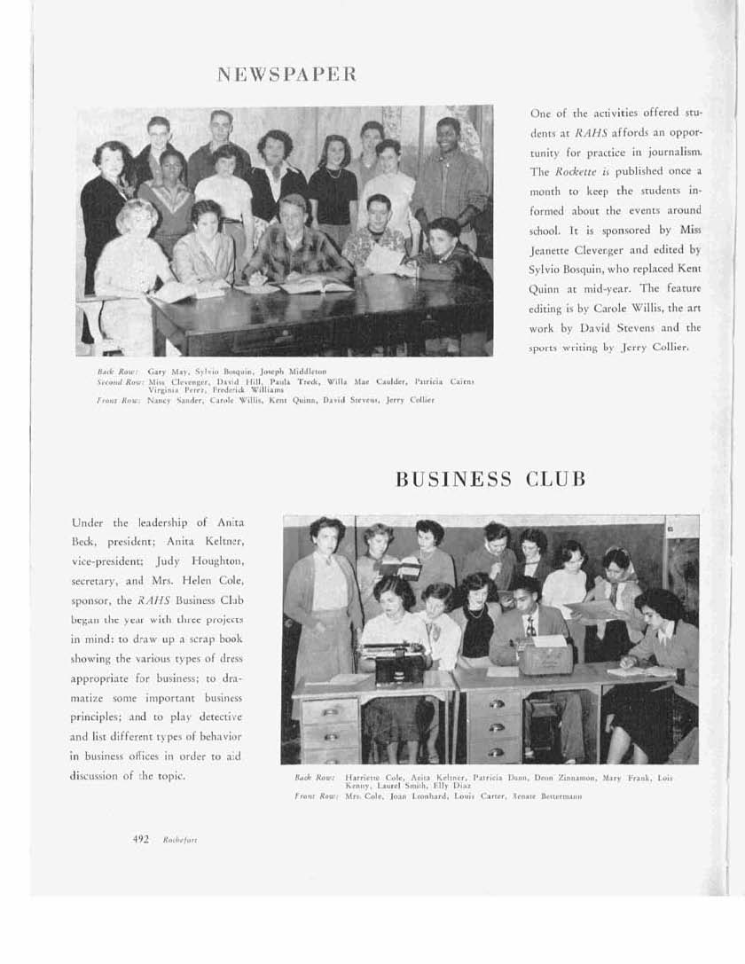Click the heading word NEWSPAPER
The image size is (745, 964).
click(x=286, y=74)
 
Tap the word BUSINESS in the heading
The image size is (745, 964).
click(x=453, y=480)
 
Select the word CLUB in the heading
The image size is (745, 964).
click(x=556, y=480)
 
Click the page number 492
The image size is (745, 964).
click(x=140, y=839)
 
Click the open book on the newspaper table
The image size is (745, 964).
click(x=314, y=285)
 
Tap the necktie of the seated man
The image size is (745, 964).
click(x=529, y=627)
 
